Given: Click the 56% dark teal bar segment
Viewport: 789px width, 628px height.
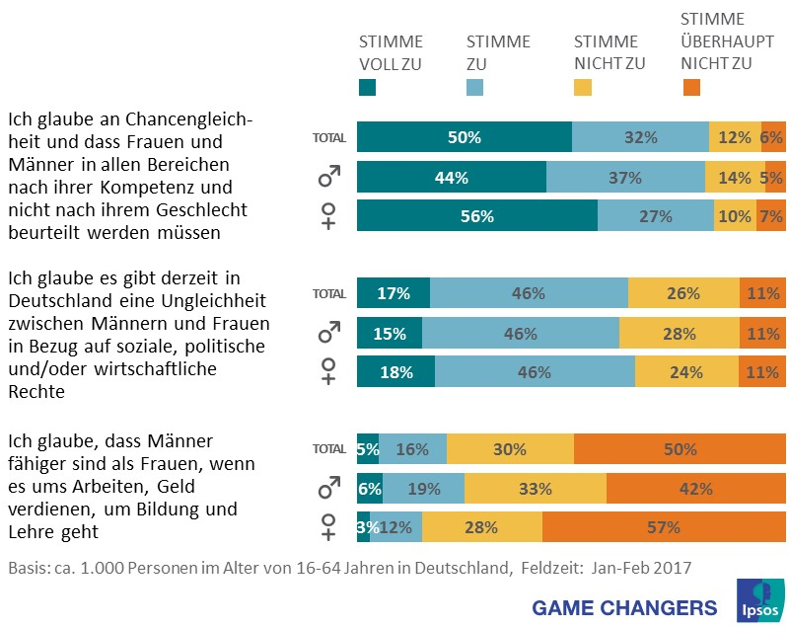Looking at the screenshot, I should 476,216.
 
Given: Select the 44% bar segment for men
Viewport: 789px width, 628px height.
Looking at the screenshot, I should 451,177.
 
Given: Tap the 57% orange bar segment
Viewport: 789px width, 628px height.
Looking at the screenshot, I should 664,526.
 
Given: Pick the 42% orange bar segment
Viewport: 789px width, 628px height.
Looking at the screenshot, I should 695,488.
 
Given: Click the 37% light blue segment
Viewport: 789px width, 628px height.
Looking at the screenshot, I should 625,177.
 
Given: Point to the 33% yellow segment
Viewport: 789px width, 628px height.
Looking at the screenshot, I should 535,488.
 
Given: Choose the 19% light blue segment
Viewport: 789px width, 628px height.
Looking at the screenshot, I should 423,488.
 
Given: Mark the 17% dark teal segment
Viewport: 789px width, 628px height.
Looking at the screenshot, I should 393,293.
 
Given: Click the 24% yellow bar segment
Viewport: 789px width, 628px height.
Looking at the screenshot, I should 685,371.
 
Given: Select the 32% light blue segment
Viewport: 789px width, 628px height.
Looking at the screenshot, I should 640,137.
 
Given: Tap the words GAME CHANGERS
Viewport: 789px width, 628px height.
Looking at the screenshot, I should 624,606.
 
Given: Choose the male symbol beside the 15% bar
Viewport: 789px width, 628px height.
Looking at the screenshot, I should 328,333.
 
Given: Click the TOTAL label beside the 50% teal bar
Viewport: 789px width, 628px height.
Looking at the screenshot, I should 328,138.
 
